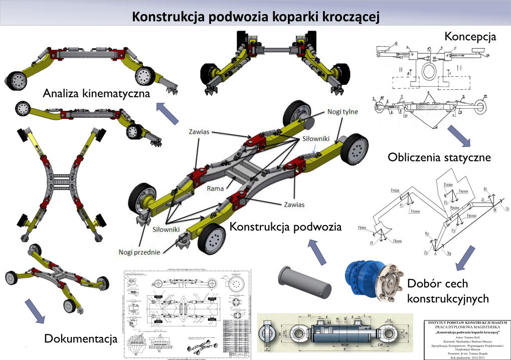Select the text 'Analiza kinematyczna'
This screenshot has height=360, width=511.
pyautogui.click(x=97, y=93)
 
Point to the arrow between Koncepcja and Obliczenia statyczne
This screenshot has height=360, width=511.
pyautogui.click(x=456, y=135)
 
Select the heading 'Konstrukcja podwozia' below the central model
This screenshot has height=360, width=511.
pyautogui.click(x=285, y=227)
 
